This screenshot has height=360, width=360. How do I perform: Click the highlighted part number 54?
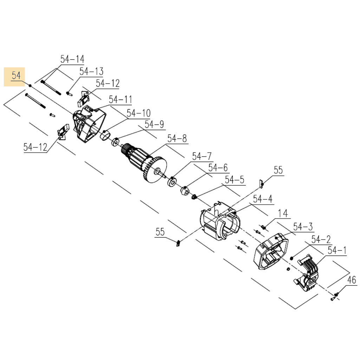tap(16, 76)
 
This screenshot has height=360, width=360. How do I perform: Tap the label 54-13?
tap(91, 72)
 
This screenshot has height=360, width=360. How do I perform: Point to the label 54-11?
tap(120, 100)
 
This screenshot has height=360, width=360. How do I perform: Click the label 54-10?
tap(139, 113)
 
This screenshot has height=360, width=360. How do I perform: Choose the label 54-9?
tap(154, 125)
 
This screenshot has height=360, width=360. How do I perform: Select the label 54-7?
tap(202, 156)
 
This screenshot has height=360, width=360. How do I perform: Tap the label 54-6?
tap(218, 168)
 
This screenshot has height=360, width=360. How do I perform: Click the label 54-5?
tap(235, 180)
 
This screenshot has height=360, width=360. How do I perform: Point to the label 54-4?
tap(263, 199)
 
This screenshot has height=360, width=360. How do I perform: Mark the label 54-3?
tap(303, 227)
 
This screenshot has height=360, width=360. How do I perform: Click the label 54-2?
tap(321, 240)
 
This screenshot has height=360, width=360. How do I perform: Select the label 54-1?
tap(337, 251)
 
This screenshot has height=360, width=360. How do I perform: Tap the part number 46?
tap(352, 280)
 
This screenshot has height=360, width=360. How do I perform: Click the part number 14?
tap(283, 214)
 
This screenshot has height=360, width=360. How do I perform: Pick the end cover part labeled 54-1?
tap(308, 274)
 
